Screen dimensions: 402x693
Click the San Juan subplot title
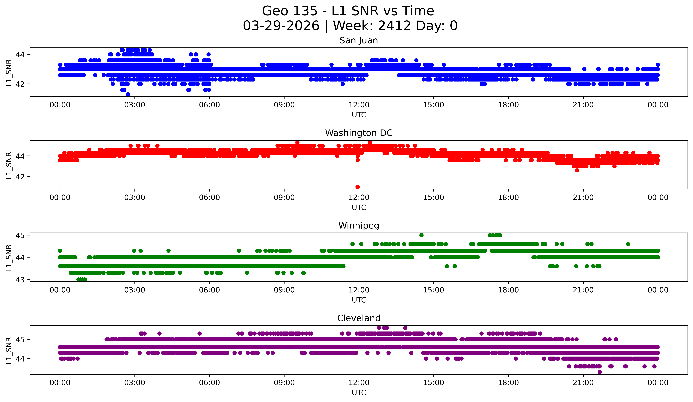click(359, 40)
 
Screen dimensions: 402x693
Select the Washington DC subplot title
click(359, 133)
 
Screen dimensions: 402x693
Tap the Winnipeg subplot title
click(359, 226)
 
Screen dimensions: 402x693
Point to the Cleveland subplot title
click(359, 318)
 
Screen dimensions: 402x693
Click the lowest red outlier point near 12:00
click(357, 187)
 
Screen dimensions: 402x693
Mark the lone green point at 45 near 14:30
click(421, 235)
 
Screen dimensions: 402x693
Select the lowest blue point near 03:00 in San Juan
click(128, 94)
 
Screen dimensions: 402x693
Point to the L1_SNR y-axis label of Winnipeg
click(9, 258)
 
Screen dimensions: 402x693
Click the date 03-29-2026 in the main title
click(281, 26)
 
